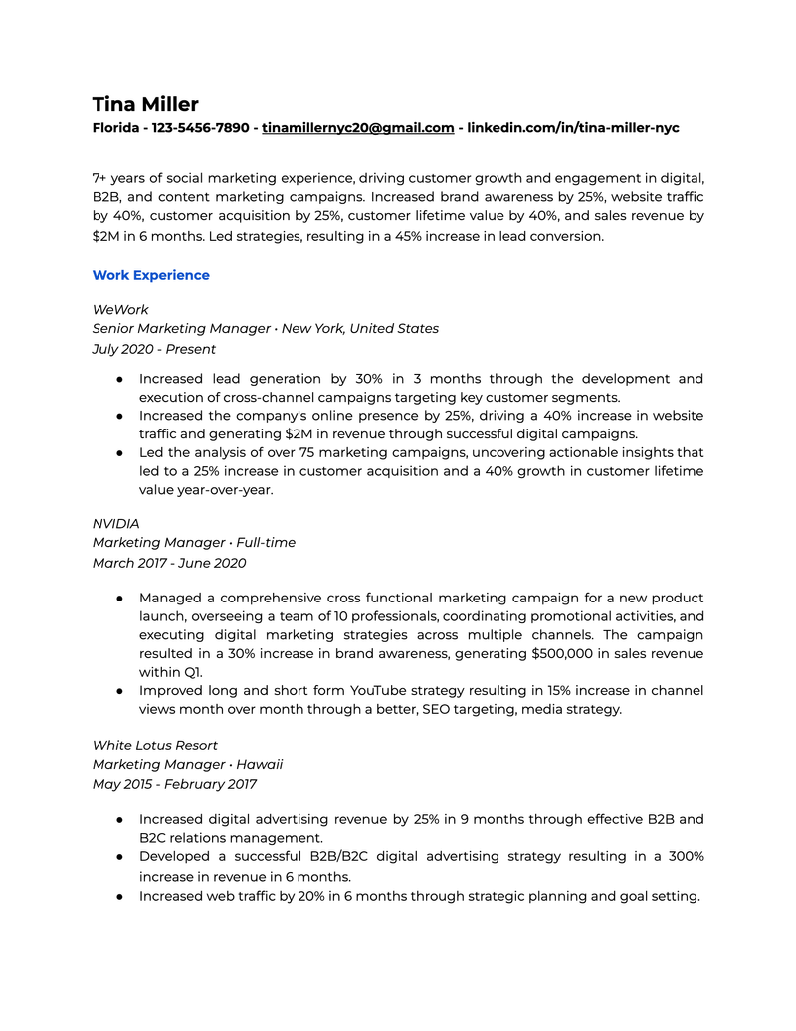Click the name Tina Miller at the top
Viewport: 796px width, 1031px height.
(x=145, y=104)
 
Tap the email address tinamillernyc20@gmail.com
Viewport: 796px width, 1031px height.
(x=357, y=128)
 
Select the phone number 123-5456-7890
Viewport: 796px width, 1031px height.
(x=200, y=128)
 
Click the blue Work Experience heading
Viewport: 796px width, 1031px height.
(x=150, y=275)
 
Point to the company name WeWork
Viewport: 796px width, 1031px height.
(x=120, y=310)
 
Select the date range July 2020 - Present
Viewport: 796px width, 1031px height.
(x=153, y=349)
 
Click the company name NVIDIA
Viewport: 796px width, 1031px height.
(x=116, y=523)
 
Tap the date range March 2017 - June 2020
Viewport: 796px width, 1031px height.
(x=169, y=563)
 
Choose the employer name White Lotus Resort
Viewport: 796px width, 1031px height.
(x=154, y=745)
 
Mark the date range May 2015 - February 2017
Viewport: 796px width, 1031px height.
(x=174, y=784)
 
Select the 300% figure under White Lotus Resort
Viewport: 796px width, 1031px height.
(x=685, y=856)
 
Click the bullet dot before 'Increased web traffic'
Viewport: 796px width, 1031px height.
(x=118, y=896)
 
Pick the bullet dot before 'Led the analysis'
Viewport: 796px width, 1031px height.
(x=118, y=452)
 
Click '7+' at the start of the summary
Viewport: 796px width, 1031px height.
(x=100, y=178)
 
